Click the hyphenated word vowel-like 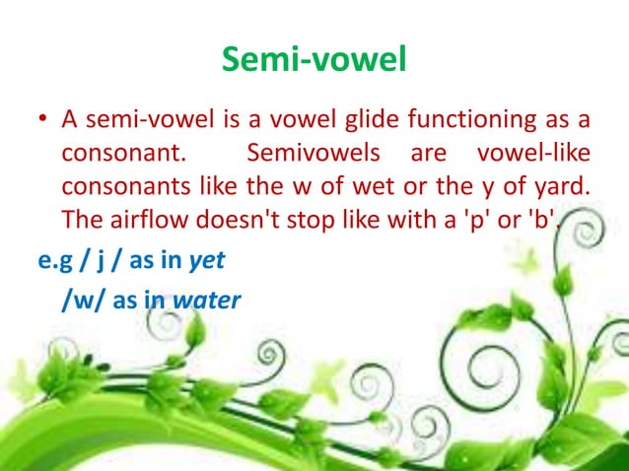533,155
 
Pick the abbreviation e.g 45,261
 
